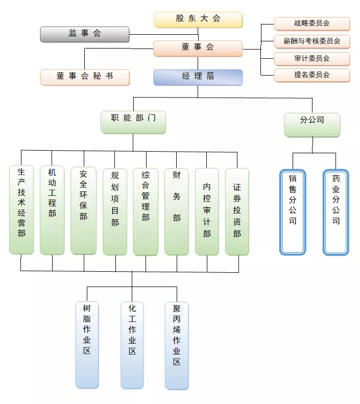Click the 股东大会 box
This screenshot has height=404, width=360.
pos(198,19)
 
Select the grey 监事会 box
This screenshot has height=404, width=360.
pos(85,34)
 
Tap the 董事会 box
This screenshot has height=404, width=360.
pos(198,48)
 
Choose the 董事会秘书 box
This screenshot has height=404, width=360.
pos(85,77)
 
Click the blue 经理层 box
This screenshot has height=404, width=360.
pos(198,77)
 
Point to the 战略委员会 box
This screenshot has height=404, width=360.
pos(312,24)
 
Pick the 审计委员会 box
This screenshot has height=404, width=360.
pos(312,58)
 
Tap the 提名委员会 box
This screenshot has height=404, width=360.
pos(312,75)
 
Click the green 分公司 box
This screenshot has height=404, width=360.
pos(312,125)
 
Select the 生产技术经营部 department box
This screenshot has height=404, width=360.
pos(21,209)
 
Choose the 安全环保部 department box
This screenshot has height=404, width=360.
pos(84,210)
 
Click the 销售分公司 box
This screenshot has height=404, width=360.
pos(293,211)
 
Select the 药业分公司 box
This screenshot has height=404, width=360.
pos(336,211)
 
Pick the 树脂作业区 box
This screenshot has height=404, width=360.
pos(87,345)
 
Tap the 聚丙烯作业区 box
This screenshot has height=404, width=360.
pos(177,345)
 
